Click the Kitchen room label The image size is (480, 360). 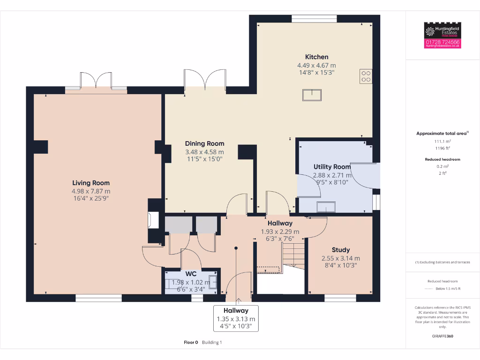316,57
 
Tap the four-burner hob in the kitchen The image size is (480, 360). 366,76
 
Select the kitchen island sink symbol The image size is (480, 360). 312,95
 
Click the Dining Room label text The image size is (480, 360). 204,143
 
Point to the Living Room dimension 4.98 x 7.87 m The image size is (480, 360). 91,191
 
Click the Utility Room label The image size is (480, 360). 332,167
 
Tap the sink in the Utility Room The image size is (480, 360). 326,207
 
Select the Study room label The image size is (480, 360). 341,250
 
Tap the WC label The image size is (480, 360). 191,274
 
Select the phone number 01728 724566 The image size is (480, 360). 442,42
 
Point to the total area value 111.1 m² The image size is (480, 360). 442,141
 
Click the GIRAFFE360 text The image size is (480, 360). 442,336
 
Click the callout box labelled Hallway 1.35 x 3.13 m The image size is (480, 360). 236,318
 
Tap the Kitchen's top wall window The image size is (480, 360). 314,18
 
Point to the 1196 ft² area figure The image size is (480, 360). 442,148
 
